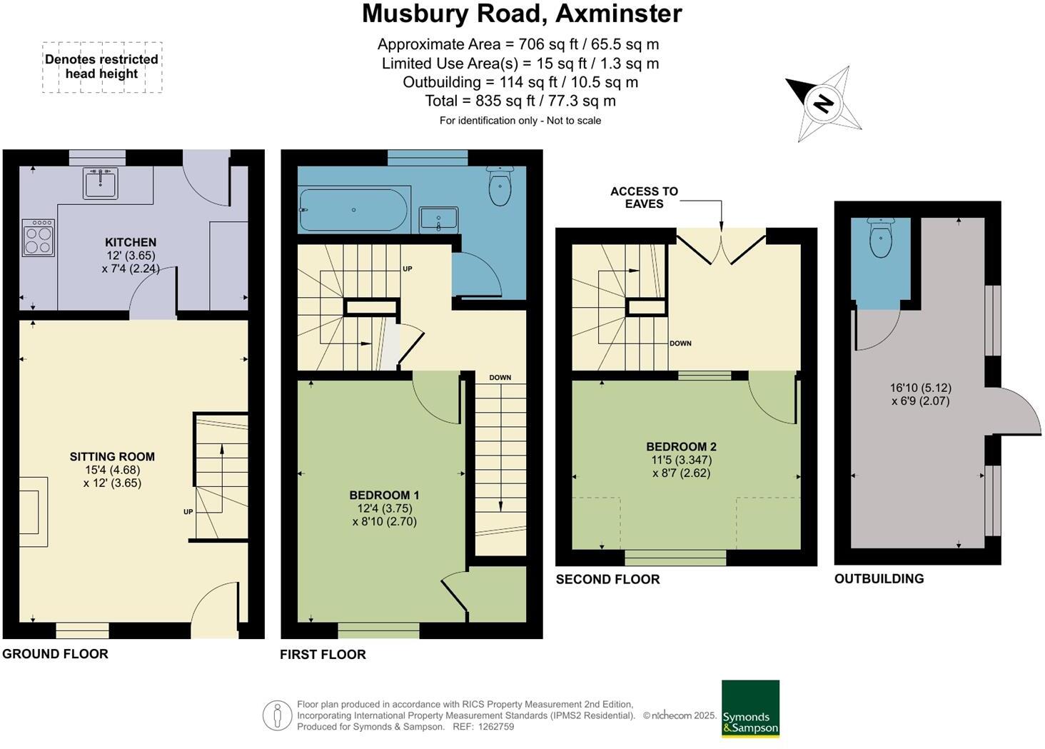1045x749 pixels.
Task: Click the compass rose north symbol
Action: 824,104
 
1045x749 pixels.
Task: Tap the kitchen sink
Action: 100,184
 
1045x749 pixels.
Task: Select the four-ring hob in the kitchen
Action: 38,238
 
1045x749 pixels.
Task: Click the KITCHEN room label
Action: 131,243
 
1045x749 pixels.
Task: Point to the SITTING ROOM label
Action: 112,457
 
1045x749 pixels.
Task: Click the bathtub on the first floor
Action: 353,210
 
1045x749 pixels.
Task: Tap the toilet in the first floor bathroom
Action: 500,186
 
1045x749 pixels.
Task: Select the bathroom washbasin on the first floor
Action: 438,220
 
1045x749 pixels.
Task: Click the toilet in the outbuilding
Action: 881,238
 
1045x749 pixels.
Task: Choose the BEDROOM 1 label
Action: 384,496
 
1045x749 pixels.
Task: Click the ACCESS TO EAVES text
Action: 644,198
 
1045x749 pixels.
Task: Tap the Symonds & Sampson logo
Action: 750,708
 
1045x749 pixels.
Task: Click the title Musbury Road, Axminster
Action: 522,14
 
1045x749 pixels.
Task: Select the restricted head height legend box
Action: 102,67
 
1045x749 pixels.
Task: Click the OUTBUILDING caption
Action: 879,579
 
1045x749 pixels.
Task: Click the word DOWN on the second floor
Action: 680,343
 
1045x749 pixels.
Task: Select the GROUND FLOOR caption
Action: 56,654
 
